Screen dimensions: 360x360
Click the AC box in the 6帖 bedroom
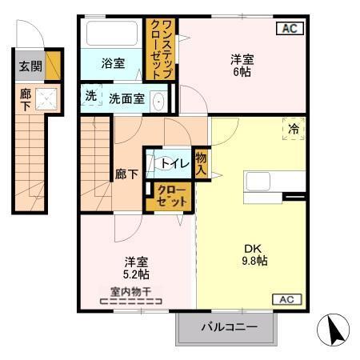click(289, 29)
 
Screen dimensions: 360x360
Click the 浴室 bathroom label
click(112, 64)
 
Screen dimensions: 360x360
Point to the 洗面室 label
click(126, 99)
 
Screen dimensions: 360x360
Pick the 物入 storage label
click(201, 164)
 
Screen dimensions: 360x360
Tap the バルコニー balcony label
click(228, 327)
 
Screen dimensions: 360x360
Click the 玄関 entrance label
click(27, 66)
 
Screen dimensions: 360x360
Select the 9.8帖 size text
click(254, 261)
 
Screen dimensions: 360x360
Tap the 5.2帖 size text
click(137, 274)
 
